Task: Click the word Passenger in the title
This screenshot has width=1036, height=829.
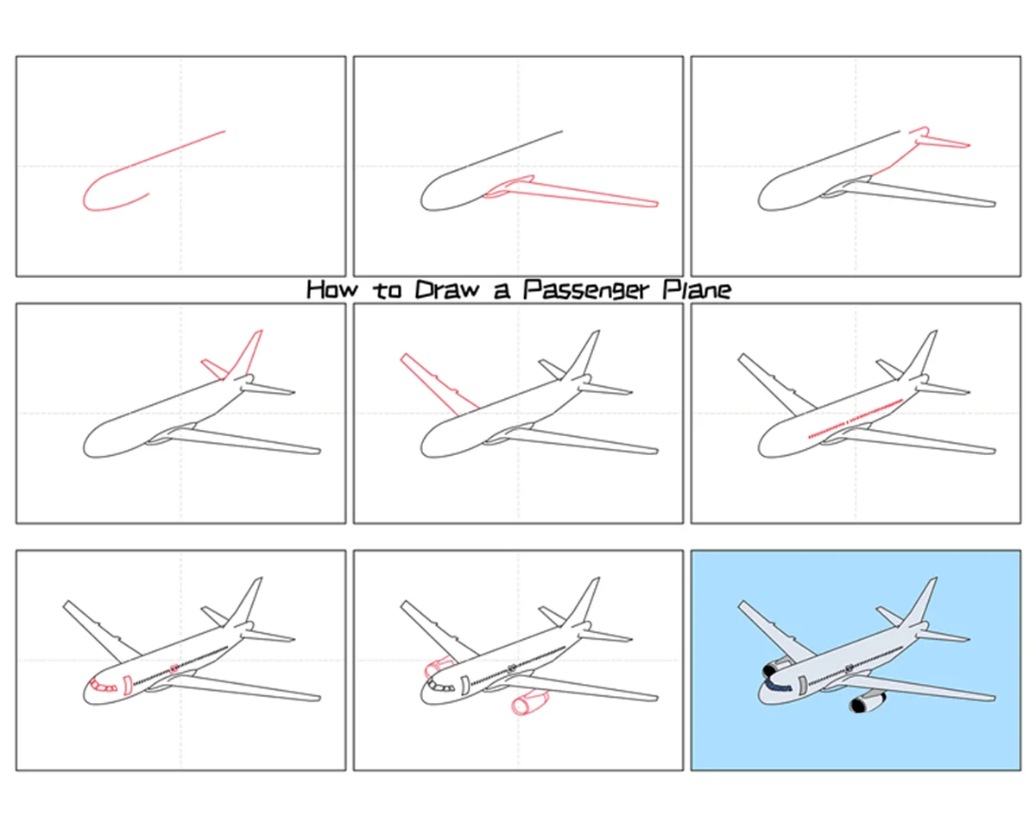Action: coord(586,290)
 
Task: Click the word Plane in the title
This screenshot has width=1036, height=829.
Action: coord(697,289)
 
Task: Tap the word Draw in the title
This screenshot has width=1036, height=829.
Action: coord(448,289)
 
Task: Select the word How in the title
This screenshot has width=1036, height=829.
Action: coord(332,289)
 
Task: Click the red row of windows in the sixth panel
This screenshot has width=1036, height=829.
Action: coord(855,418)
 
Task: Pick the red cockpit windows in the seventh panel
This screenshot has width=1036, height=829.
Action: coord(104,686)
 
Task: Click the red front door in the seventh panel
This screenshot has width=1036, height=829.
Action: coord(127,685)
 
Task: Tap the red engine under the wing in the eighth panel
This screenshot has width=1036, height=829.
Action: coord(528,703)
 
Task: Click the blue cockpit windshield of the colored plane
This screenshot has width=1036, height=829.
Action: coord(779,687)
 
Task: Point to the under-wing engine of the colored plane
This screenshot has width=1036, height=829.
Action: coord(867,702)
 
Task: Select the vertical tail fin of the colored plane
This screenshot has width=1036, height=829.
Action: coord(920,603)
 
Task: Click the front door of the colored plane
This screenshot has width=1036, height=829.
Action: coord(802,685)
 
